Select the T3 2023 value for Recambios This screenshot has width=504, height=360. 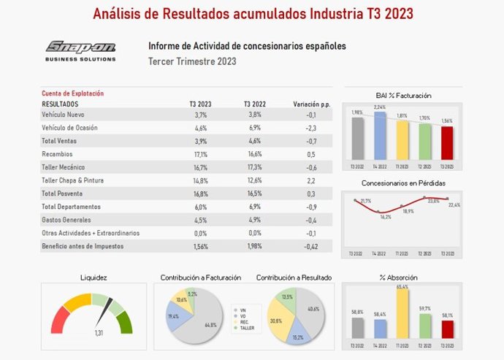(x=200, y=154)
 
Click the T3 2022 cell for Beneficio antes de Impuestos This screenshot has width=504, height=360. (x=253, y=246)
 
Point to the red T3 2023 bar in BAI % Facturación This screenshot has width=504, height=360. (x=447, y=142)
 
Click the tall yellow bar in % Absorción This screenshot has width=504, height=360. (x=402, y=315)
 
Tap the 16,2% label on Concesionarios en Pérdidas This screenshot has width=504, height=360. (x=386, y=217)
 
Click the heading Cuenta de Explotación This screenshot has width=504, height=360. (x=73, y=93)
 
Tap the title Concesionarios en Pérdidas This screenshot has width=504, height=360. (x=402, y=183)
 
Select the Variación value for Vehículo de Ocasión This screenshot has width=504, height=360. (x=310, y=128)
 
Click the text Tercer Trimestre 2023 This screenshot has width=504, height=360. (x=192, y=61)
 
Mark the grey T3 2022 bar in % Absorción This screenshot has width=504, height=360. (x=357, y=328)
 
